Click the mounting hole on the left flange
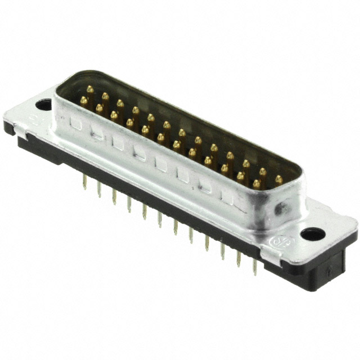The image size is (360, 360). pyautogui.click(x=43, y=104)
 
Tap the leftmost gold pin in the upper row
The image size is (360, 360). pyautogui.click(x=90, y=89)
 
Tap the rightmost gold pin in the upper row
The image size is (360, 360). pyautogui.click(x=278, y=179)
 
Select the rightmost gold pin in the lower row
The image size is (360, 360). pyautogui.click(x=256, y=183)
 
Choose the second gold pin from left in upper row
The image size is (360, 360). pyautogui.click(x=105, y=96)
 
